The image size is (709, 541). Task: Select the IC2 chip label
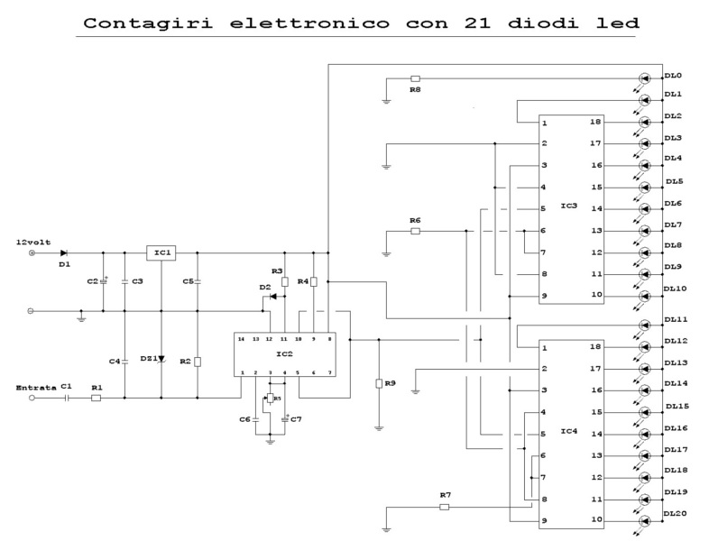tap(286, 354)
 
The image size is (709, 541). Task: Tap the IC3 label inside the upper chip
tap(568, 207)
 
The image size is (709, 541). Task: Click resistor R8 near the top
tap(415, 78)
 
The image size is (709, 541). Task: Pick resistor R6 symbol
tap(415, 231)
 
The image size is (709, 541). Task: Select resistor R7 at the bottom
tap(444, 507)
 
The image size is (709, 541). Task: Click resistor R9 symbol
tap(379, 383)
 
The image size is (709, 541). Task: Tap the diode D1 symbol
tap(64, 253)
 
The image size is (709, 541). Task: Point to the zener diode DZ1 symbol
tap(161, 359)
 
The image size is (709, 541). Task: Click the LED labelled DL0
tap(644, 78)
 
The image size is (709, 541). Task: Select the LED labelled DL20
tap(644, 521)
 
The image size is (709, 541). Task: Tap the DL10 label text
tap(676, 289)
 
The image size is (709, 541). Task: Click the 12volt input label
tap(33, 242)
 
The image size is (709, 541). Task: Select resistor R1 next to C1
tap(97, 398)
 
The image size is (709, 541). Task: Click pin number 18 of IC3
tap(595, 122)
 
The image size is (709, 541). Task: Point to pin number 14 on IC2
tap(241, 339)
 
